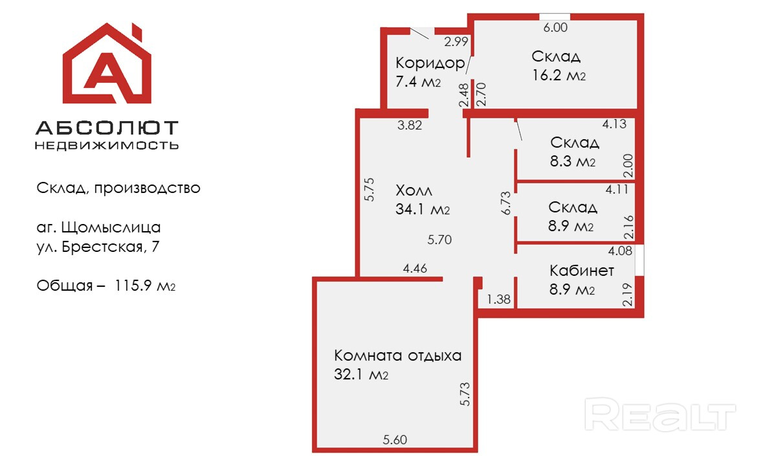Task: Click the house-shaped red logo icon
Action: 107,64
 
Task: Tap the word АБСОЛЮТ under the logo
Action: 107,128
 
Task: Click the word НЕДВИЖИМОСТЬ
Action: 107,145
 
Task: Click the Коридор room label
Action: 430,63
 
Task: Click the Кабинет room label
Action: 581,270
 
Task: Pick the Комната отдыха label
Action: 397,355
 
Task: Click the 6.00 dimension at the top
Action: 555,27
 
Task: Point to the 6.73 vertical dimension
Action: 507,203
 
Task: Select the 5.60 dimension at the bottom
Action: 395,440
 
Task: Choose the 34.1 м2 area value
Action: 421,210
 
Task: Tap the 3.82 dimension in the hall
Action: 410,126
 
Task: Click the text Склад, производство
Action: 118,188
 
